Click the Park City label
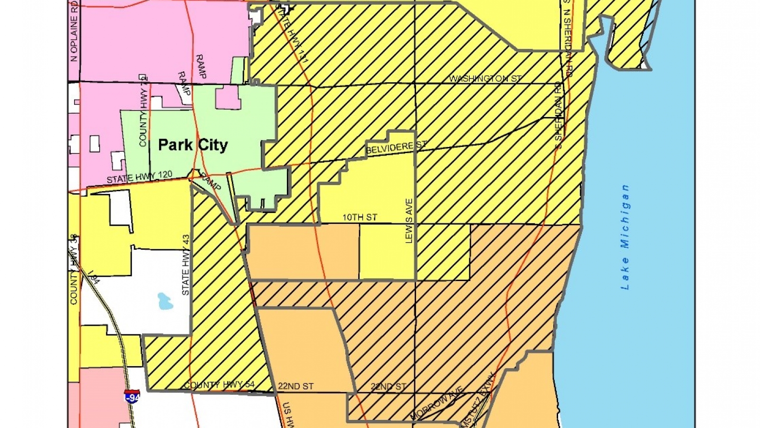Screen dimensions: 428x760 click(193, 145)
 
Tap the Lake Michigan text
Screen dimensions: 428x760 click(625, 237)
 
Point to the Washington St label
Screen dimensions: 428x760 click(485, 78)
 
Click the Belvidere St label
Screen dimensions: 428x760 click(396, 147)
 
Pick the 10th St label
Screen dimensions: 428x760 click(360, 217)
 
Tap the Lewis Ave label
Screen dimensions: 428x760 click(409, 221)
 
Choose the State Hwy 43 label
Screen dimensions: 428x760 click(186, 265)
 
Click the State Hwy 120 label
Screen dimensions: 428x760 click(139, 177)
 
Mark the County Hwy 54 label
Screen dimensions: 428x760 click(219, 385)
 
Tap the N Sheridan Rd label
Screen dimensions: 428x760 click(568, 43)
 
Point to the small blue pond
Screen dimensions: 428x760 click(165, 301)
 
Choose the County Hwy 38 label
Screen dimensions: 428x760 click(74, 269)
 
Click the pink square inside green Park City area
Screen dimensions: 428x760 click(228, 98)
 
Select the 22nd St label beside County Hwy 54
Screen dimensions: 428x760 click(295, 386)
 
